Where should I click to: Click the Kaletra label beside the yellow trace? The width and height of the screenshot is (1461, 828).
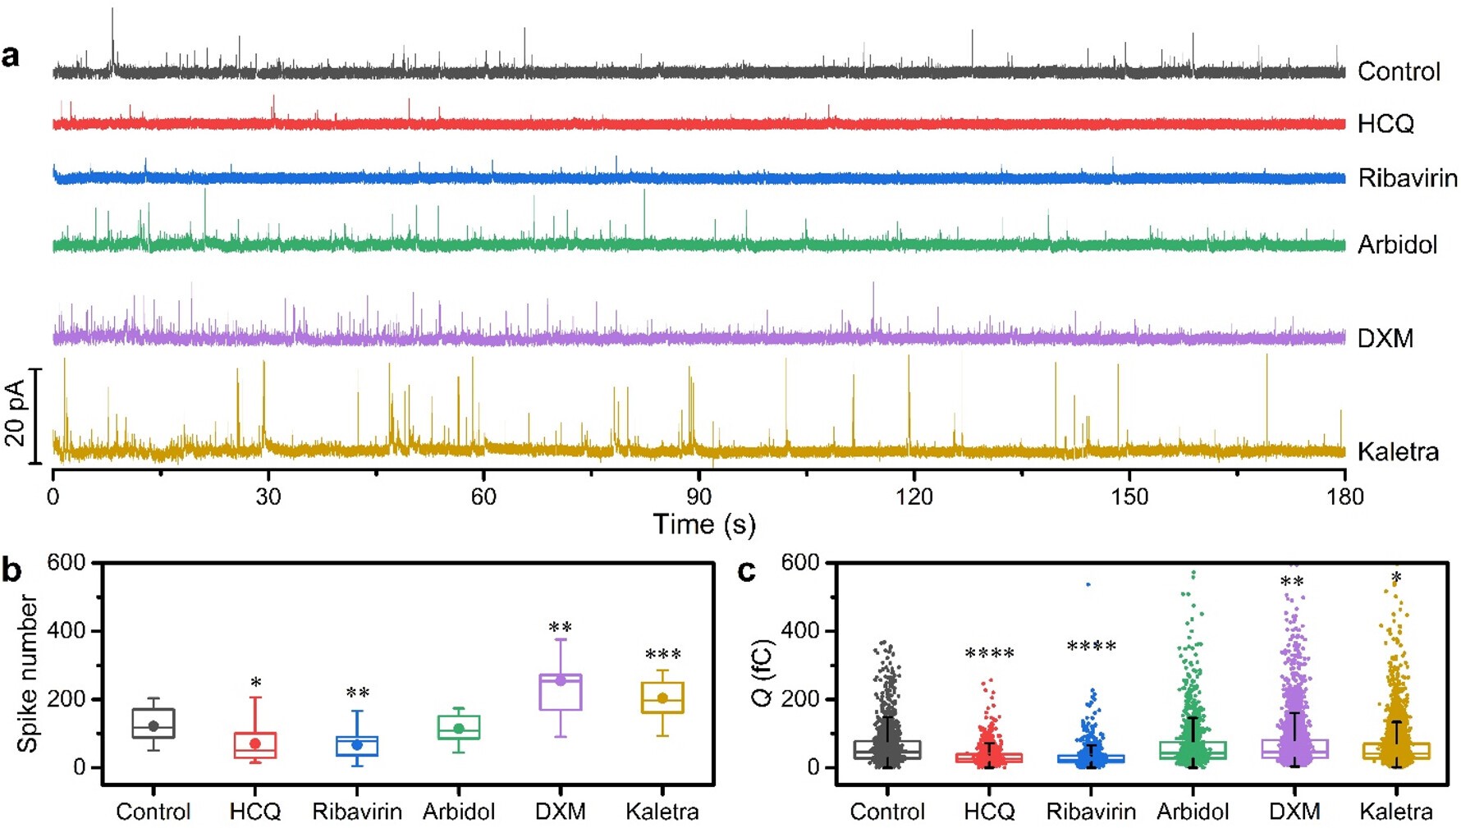point(1398,452)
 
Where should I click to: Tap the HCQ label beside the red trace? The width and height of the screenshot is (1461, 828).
point(1385,124)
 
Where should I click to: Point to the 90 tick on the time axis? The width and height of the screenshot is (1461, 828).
point(698,496)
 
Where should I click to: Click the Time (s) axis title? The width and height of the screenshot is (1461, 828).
point(704,524)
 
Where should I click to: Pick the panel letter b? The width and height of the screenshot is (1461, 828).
point(11,570)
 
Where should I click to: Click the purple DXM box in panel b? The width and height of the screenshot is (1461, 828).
point(561,692)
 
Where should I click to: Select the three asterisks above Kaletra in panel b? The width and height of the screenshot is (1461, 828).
point(662,655)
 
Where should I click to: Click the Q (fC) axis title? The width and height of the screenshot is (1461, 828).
point(763,674)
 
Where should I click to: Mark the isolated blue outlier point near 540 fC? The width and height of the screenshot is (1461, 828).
point(1088,584)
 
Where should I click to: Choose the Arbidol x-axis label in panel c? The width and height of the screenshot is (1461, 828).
point(1193,812)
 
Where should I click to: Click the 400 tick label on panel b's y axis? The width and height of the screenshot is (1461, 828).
point(66,631)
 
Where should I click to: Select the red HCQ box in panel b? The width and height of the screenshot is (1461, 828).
point(255,745)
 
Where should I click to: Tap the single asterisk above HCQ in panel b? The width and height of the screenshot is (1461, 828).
point(256,683)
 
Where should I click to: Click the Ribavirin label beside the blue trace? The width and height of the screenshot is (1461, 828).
point(1408,178)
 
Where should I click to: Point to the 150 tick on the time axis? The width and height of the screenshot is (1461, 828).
point(1129,496)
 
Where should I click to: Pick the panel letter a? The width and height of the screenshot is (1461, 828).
point(11,57)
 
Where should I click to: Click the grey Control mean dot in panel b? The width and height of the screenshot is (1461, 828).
point(153,726)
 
